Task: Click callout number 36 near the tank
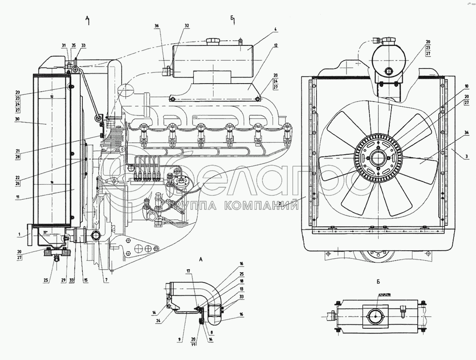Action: (157, 26)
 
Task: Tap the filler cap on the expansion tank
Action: (212, 41)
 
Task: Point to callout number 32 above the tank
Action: (187, 26)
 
